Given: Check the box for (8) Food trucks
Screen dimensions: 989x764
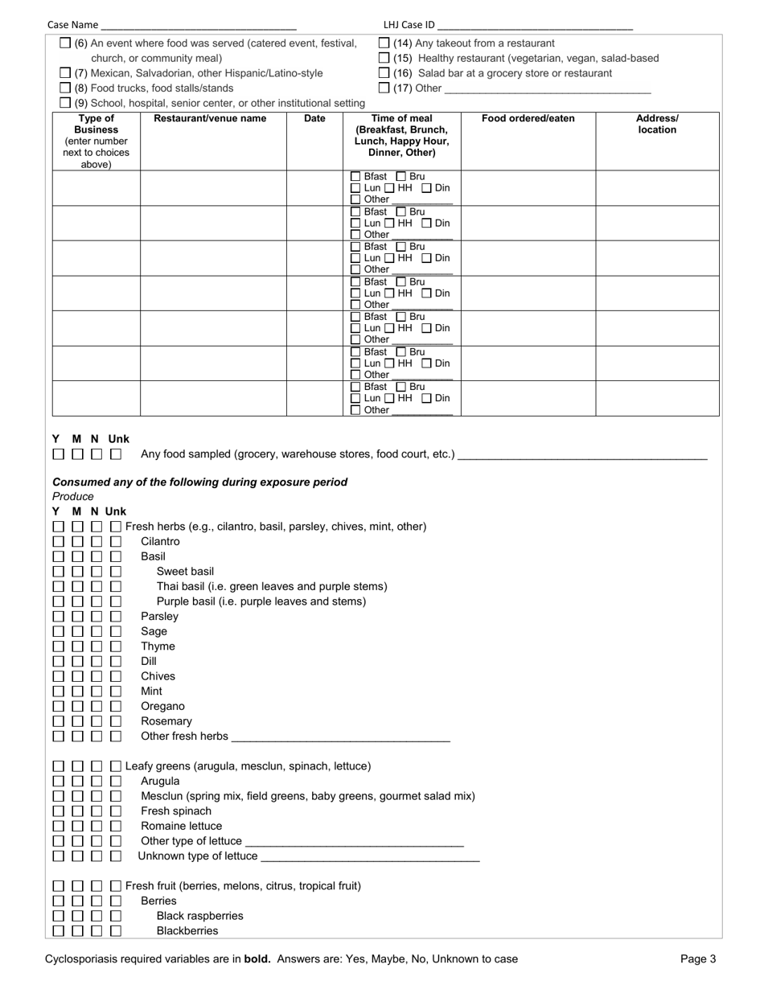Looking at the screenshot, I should point(65,88).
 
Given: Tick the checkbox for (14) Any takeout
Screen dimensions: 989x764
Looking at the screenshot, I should point(384,43).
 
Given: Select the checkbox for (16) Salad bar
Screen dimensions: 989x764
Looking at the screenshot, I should point(384,73).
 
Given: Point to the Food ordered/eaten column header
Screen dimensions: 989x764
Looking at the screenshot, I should point(528,119).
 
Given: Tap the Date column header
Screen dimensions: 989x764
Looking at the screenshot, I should point(314,119).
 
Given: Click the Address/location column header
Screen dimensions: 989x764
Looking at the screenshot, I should point(657,125).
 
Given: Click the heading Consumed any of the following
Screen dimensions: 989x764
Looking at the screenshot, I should point(199,482).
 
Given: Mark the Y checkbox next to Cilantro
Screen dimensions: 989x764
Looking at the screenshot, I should point(58,542).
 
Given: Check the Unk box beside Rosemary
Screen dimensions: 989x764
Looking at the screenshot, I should point(116,721).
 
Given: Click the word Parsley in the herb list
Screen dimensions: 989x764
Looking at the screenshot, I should point(160,617).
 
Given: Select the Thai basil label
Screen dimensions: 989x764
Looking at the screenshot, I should point(272,587).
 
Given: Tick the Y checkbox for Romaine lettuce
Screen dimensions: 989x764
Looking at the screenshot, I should point(58,827).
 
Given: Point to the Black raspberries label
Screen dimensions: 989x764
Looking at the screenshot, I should point(199,917).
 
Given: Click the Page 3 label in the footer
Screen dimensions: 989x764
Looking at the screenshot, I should point(697,959).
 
